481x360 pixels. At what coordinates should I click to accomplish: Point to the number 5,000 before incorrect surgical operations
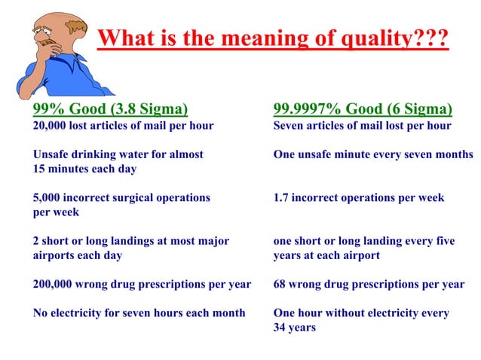47,198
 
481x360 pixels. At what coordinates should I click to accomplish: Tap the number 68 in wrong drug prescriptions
280,285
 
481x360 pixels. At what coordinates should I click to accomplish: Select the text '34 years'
294,328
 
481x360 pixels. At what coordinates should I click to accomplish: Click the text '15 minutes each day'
84,169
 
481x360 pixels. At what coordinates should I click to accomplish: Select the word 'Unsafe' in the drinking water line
52,154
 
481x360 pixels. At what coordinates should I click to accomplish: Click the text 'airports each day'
78,255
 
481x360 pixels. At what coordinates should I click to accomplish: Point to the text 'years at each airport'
326,255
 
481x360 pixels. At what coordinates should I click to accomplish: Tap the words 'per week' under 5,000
56,212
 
